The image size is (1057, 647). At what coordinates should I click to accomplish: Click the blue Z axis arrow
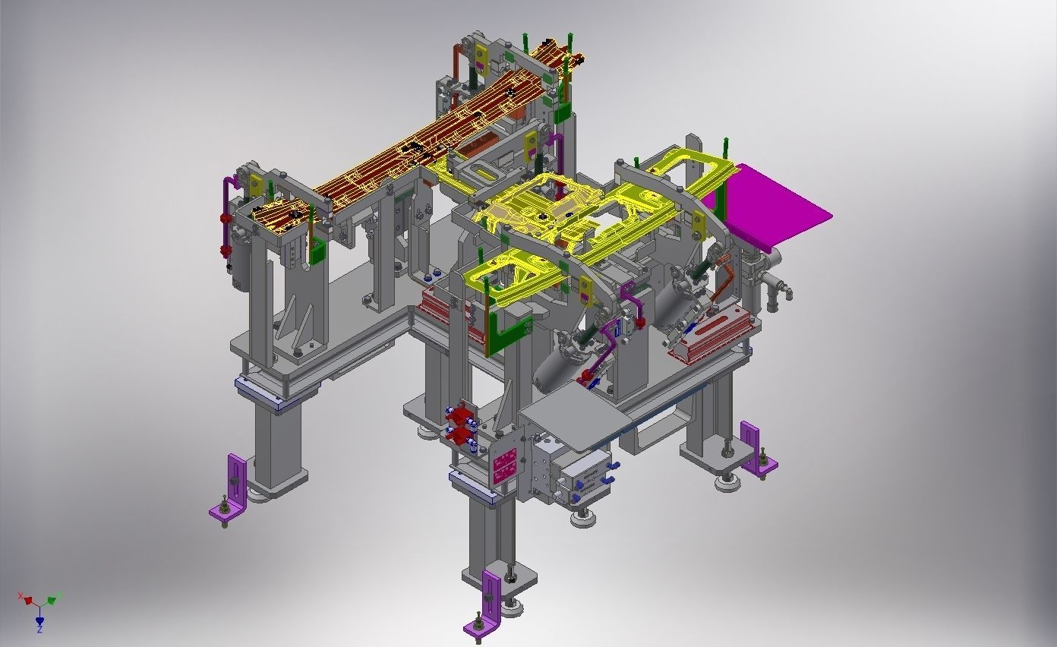39,620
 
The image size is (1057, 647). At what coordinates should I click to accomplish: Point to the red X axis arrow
27,600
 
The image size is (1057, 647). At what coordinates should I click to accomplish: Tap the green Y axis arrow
52,600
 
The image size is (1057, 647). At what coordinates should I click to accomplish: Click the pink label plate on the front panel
505,465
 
